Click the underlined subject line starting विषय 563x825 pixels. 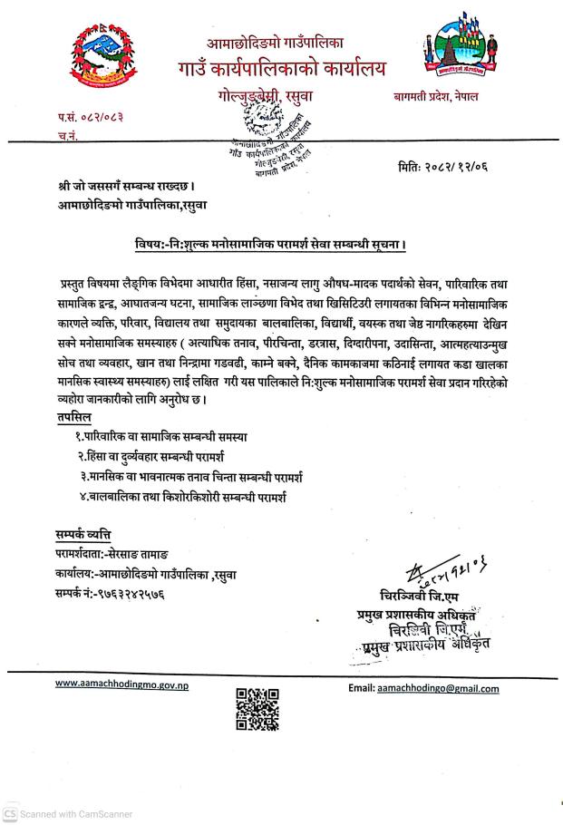click(x=281, y=245)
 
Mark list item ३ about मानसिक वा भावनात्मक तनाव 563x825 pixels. click(x=191, y=476)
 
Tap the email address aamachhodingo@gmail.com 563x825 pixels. click(x=437, y=688)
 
